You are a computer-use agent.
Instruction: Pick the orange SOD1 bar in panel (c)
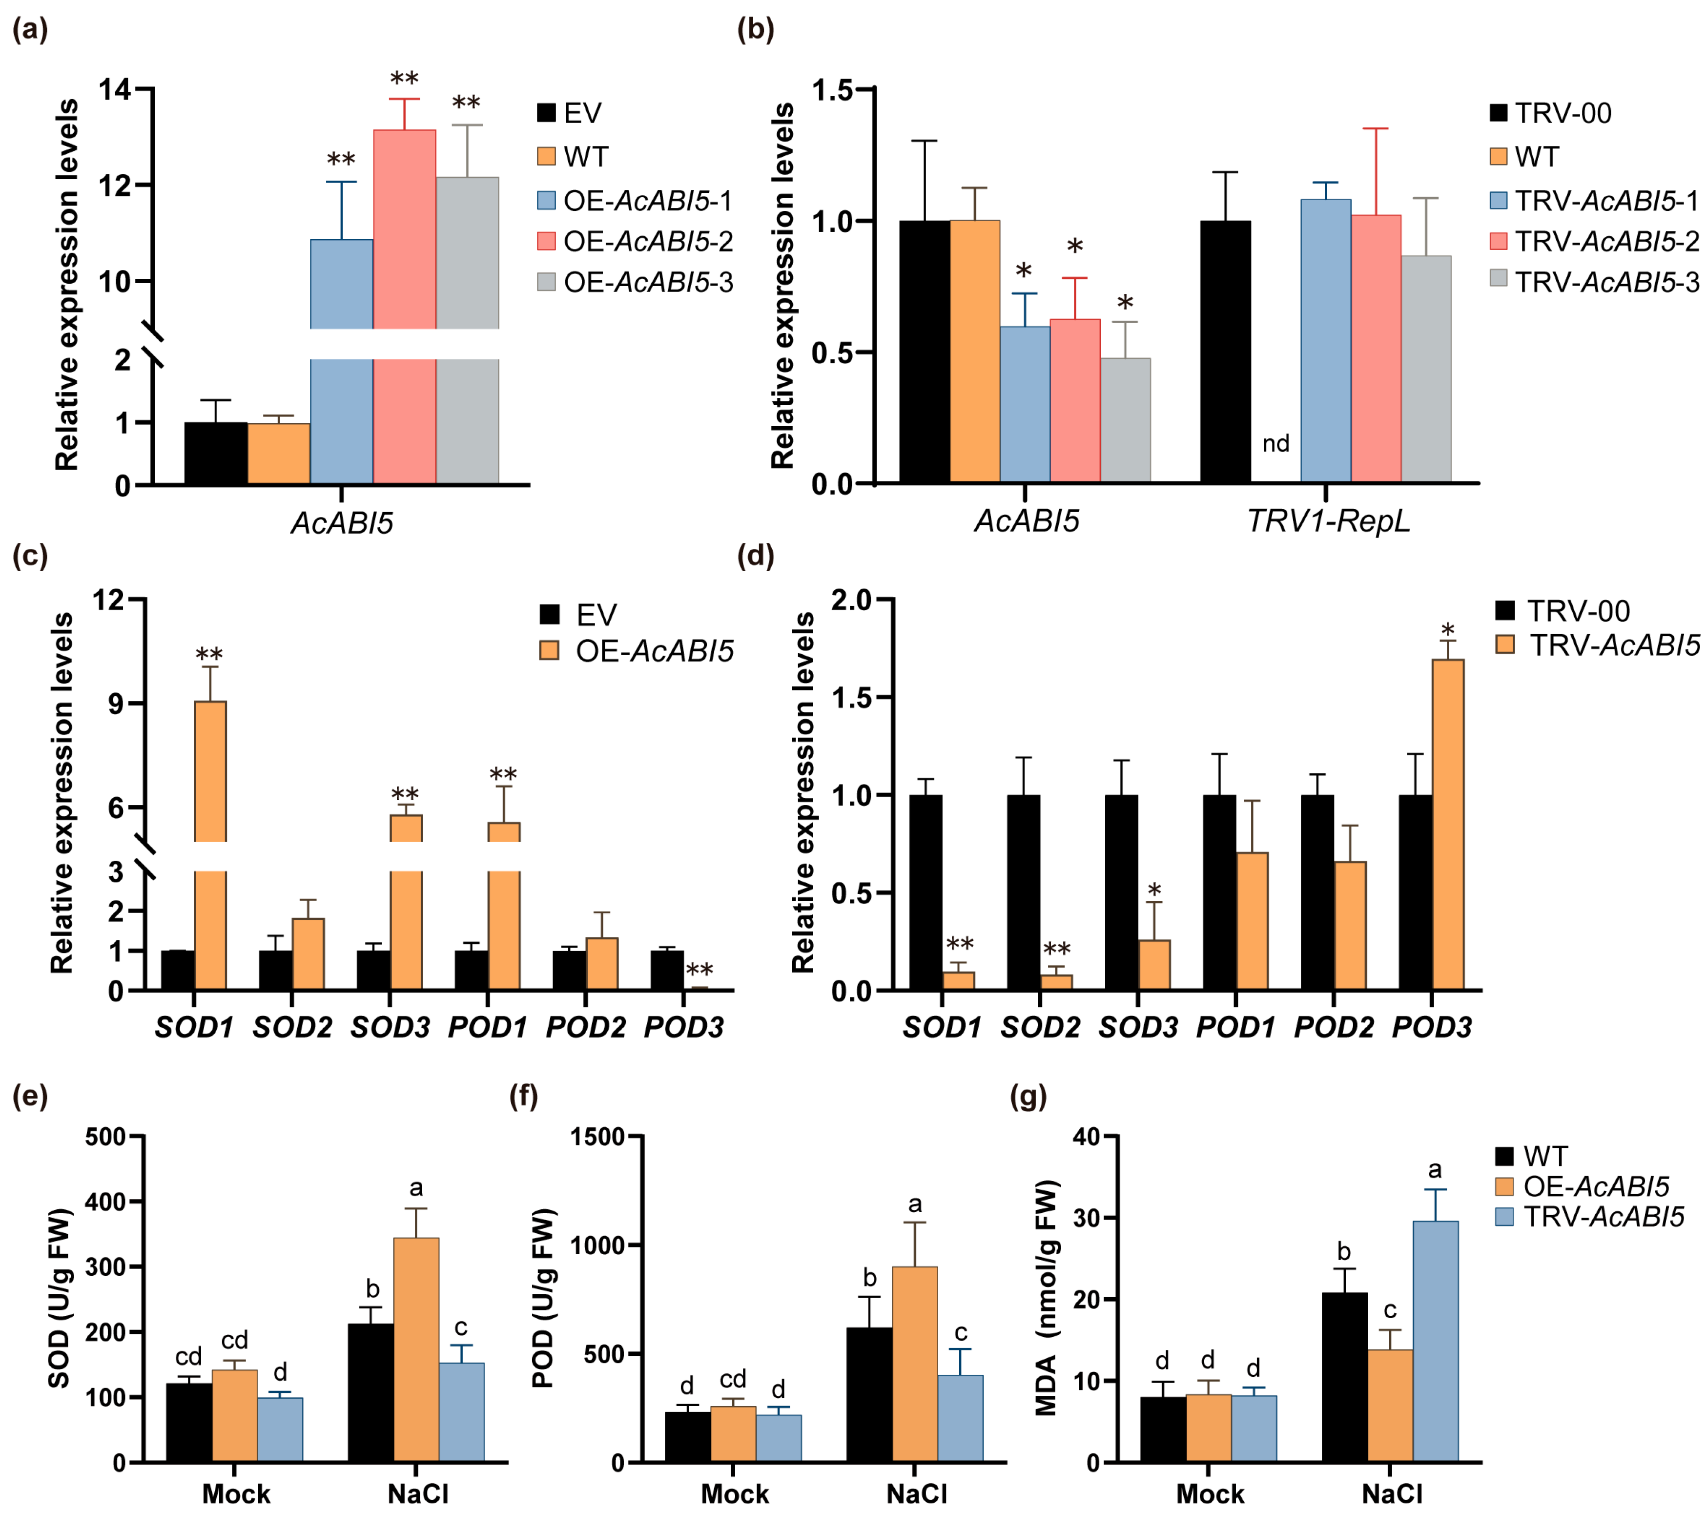click(x=210, y=846)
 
